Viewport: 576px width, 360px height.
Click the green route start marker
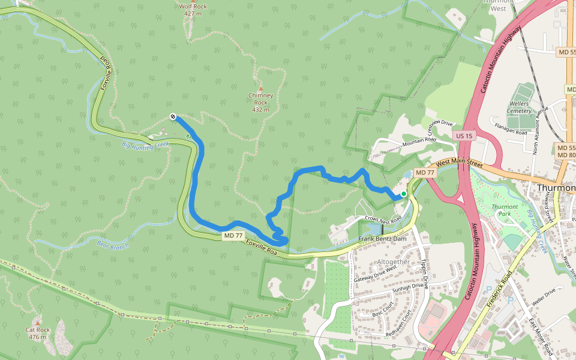pyautogui.click(x=404, y=194)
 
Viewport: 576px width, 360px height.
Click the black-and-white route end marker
pyautogui.click(x=173, y=116)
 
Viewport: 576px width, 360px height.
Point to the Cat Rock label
pyautogui.click(x=37, y=333)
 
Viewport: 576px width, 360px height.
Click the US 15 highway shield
pyautogui.click(x=464, y=136)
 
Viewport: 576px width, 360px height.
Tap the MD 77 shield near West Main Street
pyautogui.click(x=425, y=173)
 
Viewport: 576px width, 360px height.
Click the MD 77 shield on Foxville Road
pyautogui.click(x=233, y=236)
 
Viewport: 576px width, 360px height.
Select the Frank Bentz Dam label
pyautogui.click(x=383, y=239)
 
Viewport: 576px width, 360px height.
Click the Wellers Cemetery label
pyautogui.click(x=520, y=107)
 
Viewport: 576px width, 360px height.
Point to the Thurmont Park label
pyautogui.click(x=505, y=210)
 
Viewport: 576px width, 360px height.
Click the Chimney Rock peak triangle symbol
pyautogui.click(x=260, y=88)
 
